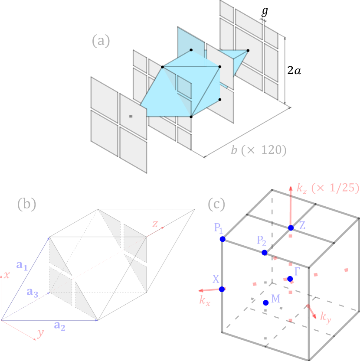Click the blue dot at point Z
click(x=291, y=228)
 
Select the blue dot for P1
click(x=222, y=239)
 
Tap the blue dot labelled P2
click(x=265, y=253)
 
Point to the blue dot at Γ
click(x=290, y=279)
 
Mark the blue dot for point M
click(x=265, y=302)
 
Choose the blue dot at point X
click(x=222, y=289)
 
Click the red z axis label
click(x=154, y=224)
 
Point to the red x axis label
click(x=7, y=275)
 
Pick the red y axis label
click(x=40, y=333)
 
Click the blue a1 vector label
click(x=22, y=265)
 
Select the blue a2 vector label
click(x=60, y=326)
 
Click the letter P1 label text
click(x=218, y=228)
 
